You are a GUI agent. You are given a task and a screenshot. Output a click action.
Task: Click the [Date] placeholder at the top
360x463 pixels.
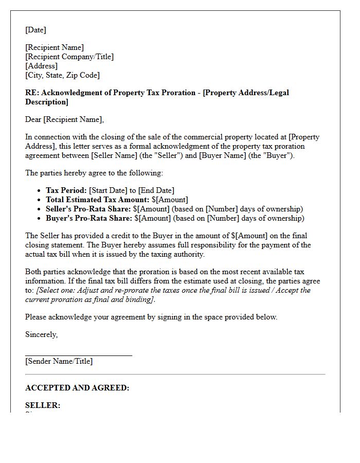[x=35, y=30]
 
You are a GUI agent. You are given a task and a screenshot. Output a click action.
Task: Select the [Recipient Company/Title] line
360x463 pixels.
[x=69, y=57]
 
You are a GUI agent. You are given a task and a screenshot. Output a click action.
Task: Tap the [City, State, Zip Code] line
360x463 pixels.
[x=62, y=75]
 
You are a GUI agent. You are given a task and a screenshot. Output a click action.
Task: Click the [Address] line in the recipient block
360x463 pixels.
[x=41, y=66]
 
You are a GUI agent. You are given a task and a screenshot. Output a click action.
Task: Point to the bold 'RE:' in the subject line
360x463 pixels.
[x=32, y=93]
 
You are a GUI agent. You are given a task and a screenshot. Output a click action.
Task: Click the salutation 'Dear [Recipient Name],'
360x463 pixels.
[x=64, y=119]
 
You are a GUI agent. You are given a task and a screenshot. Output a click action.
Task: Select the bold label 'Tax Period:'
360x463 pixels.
[x=66, y=190]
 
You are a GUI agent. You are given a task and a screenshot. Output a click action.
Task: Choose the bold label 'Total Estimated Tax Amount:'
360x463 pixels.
[x=97, y=200]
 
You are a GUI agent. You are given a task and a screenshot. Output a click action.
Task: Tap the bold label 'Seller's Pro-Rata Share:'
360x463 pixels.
[x=88, y=209]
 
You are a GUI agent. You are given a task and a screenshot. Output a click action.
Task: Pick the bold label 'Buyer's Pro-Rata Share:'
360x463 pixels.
[x=89, y=218]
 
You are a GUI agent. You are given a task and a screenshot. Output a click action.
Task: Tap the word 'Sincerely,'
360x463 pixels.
[x=41, y=334]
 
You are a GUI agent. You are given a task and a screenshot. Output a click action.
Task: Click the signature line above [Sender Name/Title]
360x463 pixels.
[x=78, y=355]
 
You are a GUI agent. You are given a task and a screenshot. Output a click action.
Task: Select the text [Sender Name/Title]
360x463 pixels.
[x=59, y=361]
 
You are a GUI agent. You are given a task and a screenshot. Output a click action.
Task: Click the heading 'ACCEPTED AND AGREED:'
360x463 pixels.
[x=77, y=388]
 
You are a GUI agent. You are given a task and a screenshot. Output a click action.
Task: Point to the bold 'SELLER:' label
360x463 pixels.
[x=43, y=405]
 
